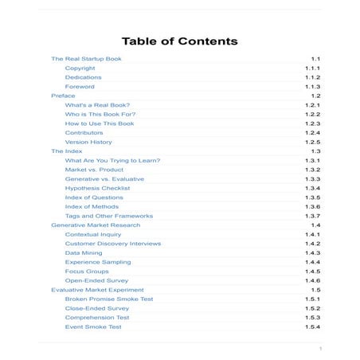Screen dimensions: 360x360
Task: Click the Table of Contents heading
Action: [x=179, y=41]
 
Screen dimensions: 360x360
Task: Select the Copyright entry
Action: [x=80, y=68]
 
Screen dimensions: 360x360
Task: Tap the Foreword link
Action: [x=80, y=87]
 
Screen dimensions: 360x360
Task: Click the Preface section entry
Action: [x=63, y=96]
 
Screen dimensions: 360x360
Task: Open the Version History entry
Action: [x=88, y=142]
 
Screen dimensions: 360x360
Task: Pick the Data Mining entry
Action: [x=84, y=252]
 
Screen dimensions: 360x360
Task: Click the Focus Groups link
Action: [x=87, y=271]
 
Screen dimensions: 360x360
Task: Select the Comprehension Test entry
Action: [x=97, y=317]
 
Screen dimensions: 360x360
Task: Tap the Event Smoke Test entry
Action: [x=93, y=327]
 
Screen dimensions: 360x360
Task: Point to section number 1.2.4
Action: [x=312, y=133]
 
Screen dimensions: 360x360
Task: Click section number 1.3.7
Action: [x=312, y=216]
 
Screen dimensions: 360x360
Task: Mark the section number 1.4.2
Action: [x=312, y=244]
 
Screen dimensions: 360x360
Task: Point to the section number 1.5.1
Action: [x=312, y=299]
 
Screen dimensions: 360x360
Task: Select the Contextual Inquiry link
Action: [x=93, y=234]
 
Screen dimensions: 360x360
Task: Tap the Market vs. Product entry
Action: [x=94, y=170]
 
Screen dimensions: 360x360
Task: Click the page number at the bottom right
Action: [x=319, y=348]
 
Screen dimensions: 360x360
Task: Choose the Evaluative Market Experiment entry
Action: [x=97, y=289]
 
